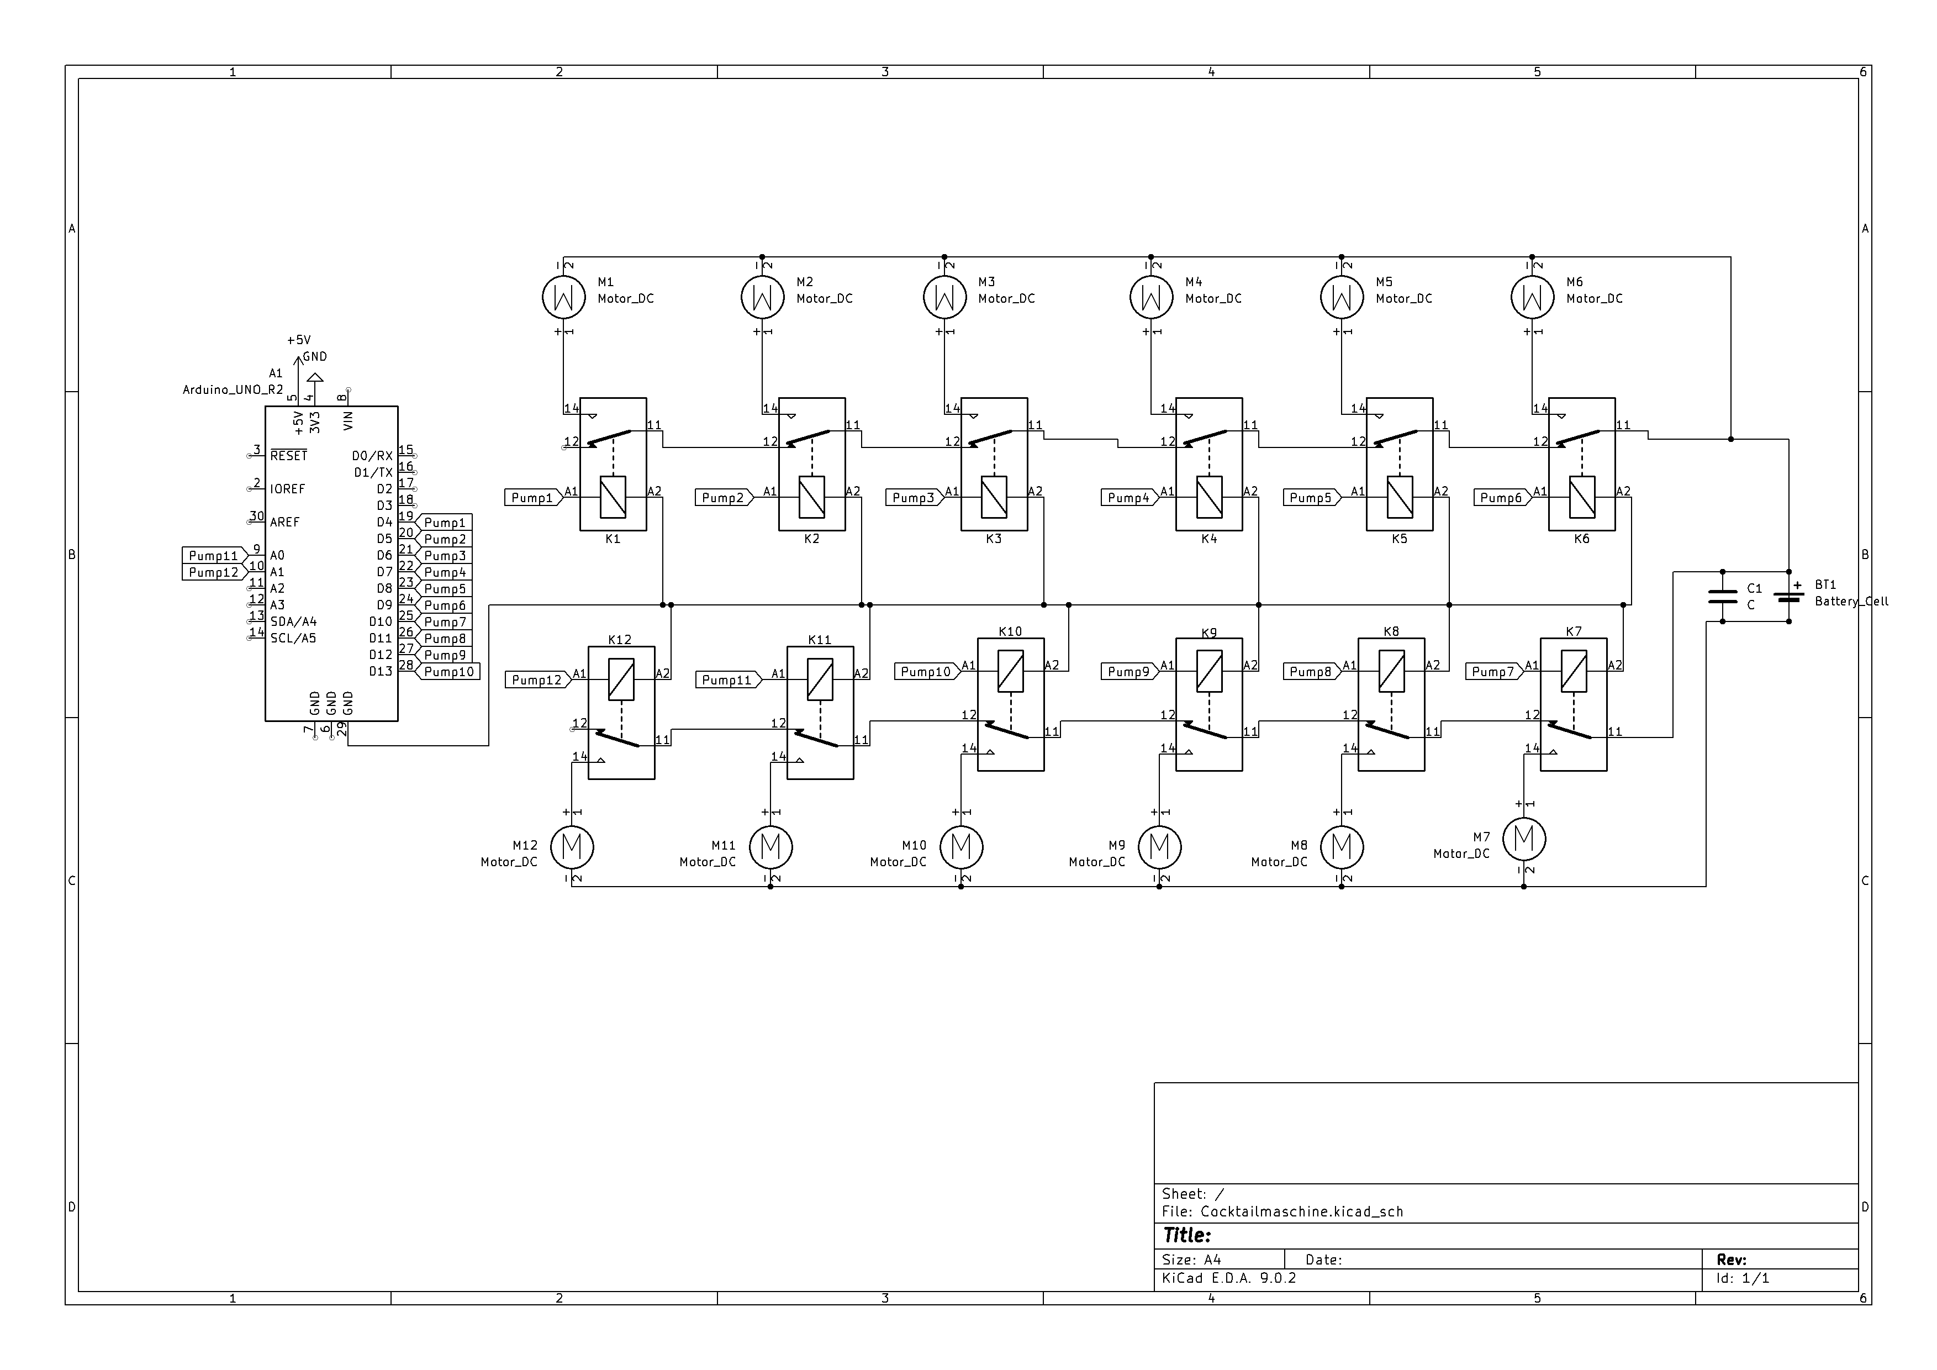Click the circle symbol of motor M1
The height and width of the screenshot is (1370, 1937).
click(x=563, y=297)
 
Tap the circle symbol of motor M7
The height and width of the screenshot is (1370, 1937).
click(x=1524, y=839)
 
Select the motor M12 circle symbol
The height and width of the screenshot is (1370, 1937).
click(x=572, y=846)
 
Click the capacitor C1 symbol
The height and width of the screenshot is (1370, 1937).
click(x=1722, y=597)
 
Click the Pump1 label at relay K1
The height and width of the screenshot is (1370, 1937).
click(x=534, y=498)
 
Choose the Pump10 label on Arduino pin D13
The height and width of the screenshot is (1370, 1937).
click(x=447, y=672)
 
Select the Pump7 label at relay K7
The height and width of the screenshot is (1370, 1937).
click(x=1495, y=672)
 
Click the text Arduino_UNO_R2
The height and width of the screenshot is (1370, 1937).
click(x=233, y=390)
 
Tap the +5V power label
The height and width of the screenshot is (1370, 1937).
click(x=299, y=340)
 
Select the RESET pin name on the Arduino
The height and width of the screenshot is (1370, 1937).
click(x=288, y=456)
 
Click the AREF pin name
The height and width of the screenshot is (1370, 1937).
click(x=284, y=522)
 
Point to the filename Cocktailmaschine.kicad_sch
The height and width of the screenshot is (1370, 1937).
click(x=1302, y=1211)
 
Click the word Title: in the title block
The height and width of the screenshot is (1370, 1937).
click(x=1186, y=1236)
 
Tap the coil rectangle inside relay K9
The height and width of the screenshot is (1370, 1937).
click(x=1209, y=672)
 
